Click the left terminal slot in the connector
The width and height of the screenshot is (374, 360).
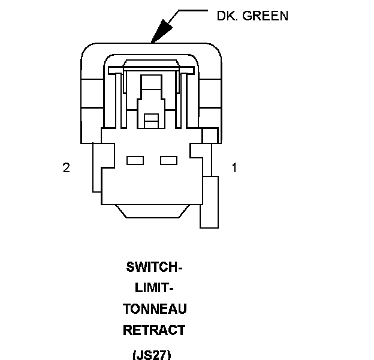tap(135, 161)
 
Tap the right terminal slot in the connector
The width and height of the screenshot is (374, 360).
tap(169, 161)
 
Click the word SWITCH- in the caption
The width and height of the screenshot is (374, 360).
tap(155, 267)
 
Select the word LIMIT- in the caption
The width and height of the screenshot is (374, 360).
tap(155, 288)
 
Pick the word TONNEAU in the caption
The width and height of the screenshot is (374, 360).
tap(155, 309)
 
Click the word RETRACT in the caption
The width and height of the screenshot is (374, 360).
tap(155, 330)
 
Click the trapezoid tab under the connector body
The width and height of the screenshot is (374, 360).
tap(155, 211)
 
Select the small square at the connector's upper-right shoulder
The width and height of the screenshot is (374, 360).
tap(209, 136)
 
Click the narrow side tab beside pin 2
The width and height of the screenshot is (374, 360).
tap(96, 168)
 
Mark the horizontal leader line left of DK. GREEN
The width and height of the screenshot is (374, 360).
tap(191, 10)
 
